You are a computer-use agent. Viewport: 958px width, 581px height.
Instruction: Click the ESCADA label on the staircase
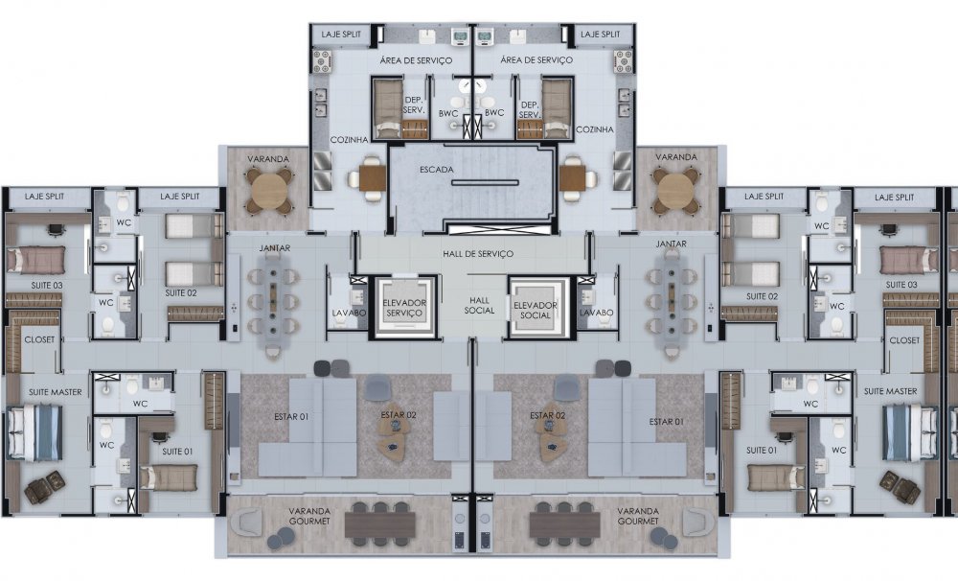[x=437, y=170]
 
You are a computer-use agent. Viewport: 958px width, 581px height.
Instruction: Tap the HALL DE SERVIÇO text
[x=478, y=253]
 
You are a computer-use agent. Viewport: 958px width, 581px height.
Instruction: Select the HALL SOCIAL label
[x=479, y=305]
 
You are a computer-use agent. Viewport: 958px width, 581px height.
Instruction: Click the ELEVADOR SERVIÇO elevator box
[x=404, y=307]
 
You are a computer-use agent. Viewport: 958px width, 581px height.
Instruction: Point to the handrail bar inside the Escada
[x=485, y=182]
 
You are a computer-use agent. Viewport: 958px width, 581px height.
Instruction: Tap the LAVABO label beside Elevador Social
[x=596, y=313]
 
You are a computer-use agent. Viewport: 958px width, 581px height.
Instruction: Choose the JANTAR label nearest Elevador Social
[x=671, y=244]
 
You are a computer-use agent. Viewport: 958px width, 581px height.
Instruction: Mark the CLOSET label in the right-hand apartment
[x=904, y=340]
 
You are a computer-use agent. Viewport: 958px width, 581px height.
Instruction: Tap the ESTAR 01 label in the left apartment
[x=291, y=417]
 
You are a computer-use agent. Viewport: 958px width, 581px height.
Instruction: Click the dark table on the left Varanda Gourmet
[x=380, y=525]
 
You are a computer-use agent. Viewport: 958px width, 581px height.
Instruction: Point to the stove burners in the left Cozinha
[x=321, y=61]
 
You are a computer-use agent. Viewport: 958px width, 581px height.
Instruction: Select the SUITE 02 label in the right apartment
[x=762, y=296]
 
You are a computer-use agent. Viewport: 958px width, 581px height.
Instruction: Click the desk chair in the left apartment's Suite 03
[x=57, y=229]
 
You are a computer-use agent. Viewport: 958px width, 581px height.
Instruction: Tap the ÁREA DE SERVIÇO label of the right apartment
[x=536, y=60]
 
